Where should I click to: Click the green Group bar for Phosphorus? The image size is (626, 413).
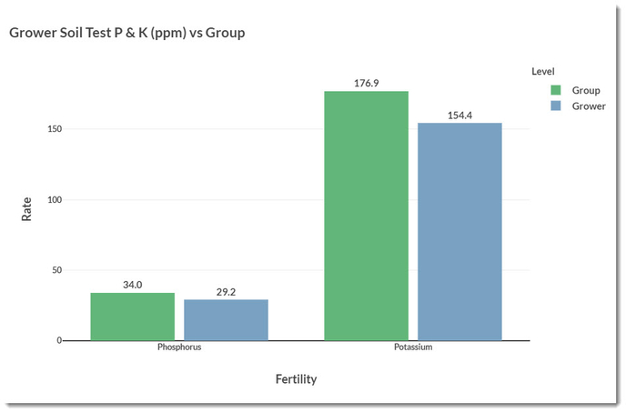click(x=132, y=317)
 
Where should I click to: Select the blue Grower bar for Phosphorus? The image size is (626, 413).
click(x=226, y=320)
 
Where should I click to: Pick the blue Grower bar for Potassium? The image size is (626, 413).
click(x=459, y=232)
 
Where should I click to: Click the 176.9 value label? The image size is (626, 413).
click(x=366, y=84)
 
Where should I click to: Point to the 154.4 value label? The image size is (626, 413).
click(x=459, y=116)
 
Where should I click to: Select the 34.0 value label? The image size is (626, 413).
click(x=132, y=285)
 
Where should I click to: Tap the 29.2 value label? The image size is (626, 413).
click(x=226, y=292)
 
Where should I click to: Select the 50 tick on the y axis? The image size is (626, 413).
click(x=56, y=270)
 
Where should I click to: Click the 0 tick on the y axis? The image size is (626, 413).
click(x=58, y=341)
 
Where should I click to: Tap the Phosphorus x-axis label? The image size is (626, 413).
click(x=179, y=348)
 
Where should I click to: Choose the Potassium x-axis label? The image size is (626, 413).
click(x=412, y=348)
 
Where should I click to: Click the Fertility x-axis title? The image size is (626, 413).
click(x=296, y=379)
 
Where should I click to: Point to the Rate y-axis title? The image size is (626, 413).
click(x=26, y=210)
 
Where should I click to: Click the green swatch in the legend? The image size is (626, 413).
click(x=556, y=90)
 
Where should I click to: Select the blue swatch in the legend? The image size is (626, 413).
click(x=556, y=106)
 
